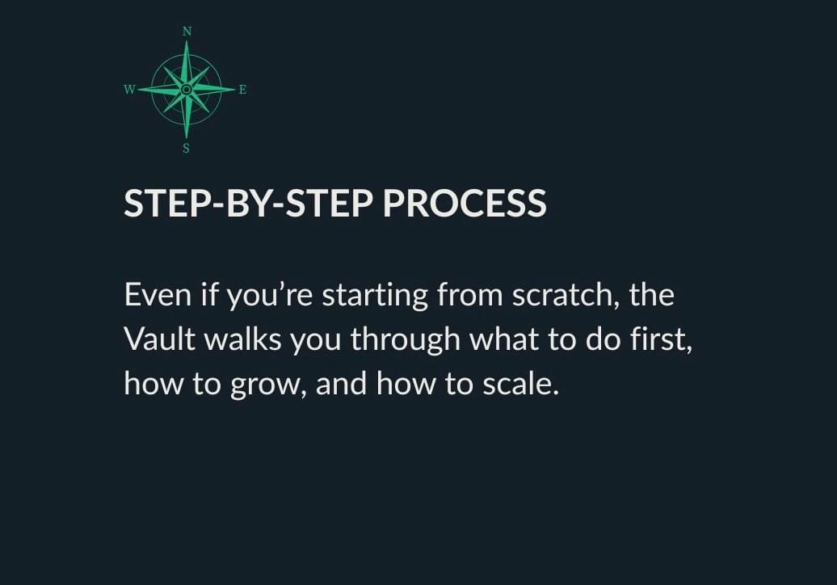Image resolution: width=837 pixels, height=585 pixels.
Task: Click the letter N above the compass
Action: click(x=187, y=32)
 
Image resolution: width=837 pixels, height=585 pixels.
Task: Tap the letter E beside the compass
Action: click(x=242, y=90)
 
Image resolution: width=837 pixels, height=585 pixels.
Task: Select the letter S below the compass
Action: click(x=187, y=149)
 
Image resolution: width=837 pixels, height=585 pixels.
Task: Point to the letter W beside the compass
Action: click(x=129, y=90)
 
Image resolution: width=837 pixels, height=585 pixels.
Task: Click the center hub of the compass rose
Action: click(x=187, y=90)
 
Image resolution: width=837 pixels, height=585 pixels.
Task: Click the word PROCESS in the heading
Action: click(x=465, y=204)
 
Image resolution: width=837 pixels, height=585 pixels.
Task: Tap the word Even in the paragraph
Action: click(x=158, y=295)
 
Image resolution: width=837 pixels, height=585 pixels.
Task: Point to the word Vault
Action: click(x=160, y=339)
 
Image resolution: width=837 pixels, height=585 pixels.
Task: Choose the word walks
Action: click(x=243, y=339)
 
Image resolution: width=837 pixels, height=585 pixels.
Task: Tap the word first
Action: click(x=662, y=339)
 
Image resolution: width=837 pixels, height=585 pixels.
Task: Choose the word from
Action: click(x=469, y=295)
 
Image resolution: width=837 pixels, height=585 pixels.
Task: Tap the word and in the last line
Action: click(x=342, y=385)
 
